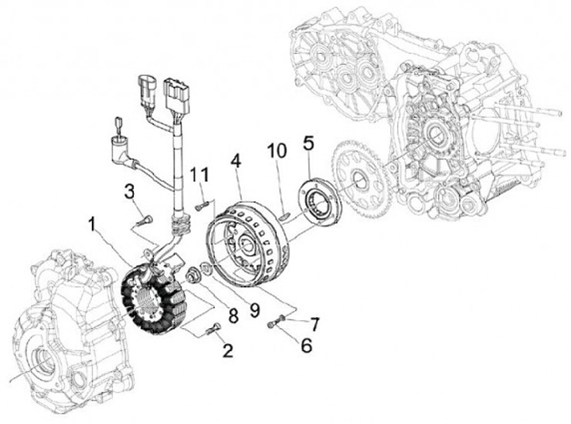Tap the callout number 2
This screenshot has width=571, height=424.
click(x=228, y=350)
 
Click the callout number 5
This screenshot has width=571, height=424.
click(x=308, y=143)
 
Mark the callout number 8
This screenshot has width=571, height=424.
click(x=233, y=315)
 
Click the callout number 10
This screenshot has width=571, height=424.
click(x=275, y=151)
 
